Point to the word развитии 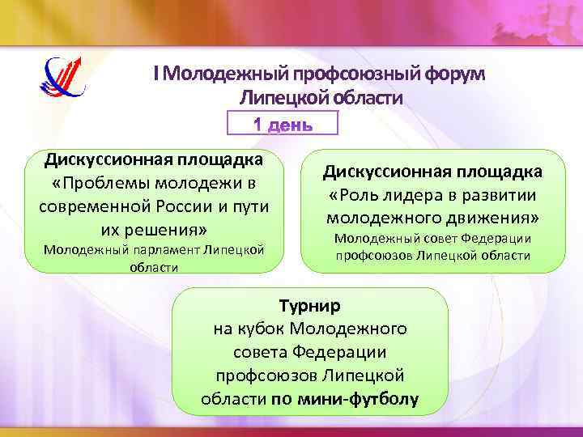click(x=501, y=195)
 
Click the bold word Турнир click(x=310, y=306)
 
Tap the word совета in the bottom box click(x=257, y=353)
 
